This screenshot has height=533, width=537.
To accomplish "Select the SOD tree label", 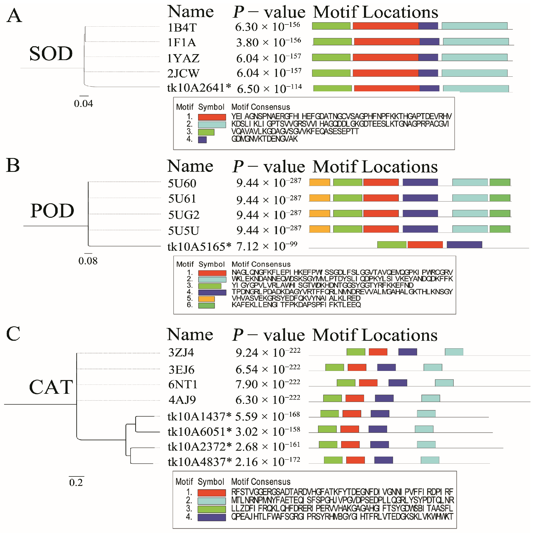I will pyautogui.click(x=51, y=53).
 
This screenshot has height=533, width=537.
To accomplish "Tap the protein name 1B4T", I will pyautogui.click(x=182, y=27).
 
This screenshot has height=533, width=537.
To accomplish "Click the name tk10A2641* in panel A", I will pyautogui.click(x=199, y=88).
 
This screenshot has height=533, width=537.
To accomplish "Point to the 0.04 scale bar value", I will pyautogui.click(x=84, y=104).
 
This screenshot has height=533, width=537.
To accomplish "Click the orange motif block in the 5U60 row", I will pyautogui.click(x=319, y=182).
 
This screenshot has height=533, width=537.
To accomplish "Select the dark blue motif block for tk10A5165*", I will pyautogui.click(x=464, y=244).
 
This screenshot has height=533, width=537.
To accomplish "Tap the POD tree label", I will pyautogui.click(x=52, y=211).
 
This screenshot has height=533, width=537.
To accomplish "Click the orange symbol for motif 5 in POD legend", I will pyautogui.click(x=206, y=299).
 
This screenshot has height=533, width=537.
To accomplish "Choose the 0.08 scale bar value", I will pyautogui.click(x=88, y=261).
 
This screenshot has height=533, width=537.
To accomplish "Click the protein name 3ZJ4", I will pyautogui.click(x=181, y=352).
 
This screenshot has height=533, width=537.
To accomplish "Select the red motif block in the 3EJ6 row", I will pyautogui.click(x=357, y=367).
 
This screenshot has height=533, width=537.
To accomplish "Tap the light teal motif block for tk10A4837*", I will pyautogui.click(x=430, y=460).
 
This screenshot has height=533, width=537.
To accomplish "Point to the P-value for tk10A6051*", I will pyautogui.click(x=268, y=432).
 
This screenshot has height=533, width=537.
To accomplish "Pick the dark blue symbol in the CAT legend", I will pyautogui.click(x=212, y=517).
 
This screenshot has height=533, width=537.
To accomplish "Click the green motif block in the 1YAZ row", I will pyautogui.click(x=331, y=57).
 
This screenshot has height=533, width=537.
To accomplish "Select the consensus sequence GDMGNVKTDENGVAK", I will pyautogui.click(x=264, y=139).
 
